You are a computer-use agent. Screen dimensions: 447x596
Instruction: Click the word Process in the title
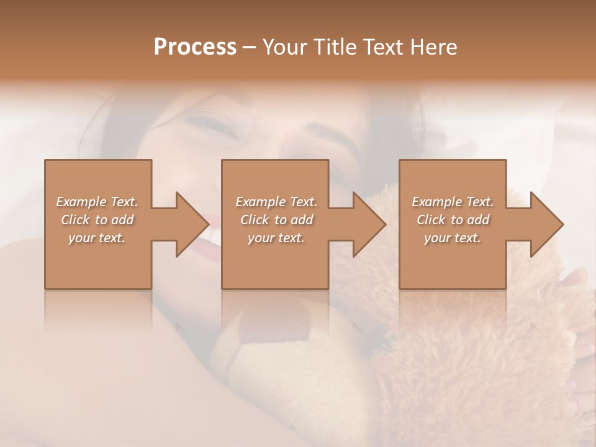click(x=195, y=47)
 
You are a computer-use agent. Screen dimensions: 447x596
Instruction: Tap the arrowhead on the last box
click(x=546, y=224)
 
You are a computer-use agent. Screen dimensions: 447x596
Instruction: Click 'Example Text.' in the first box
click(x=97, y=202)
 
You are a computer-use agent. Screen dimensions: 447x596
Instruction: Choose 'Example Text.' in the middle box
click(x=276, y=202)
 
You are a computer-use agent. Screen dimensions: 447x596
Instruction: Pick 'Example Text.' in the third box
click(x=453, y=202)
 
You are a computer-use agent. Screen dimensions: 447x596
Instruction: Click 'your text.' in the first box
click(x=97, y=238)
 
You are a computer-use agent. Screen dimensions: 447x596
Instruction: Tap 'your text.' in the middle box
click(x=276, y=238)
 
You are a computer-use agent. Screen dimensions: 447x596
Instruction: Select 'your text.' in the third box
click(x=453, y=238)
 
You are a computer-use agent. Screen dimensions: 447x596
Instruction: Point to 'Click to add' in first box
click(x=97, y=220)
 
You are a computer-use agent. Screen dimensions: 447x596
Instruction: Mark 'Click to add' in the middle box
click(x=276, y=220)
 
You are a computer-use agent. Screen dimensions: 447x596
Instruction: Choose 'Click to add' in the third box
click(x=453, y=220)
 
